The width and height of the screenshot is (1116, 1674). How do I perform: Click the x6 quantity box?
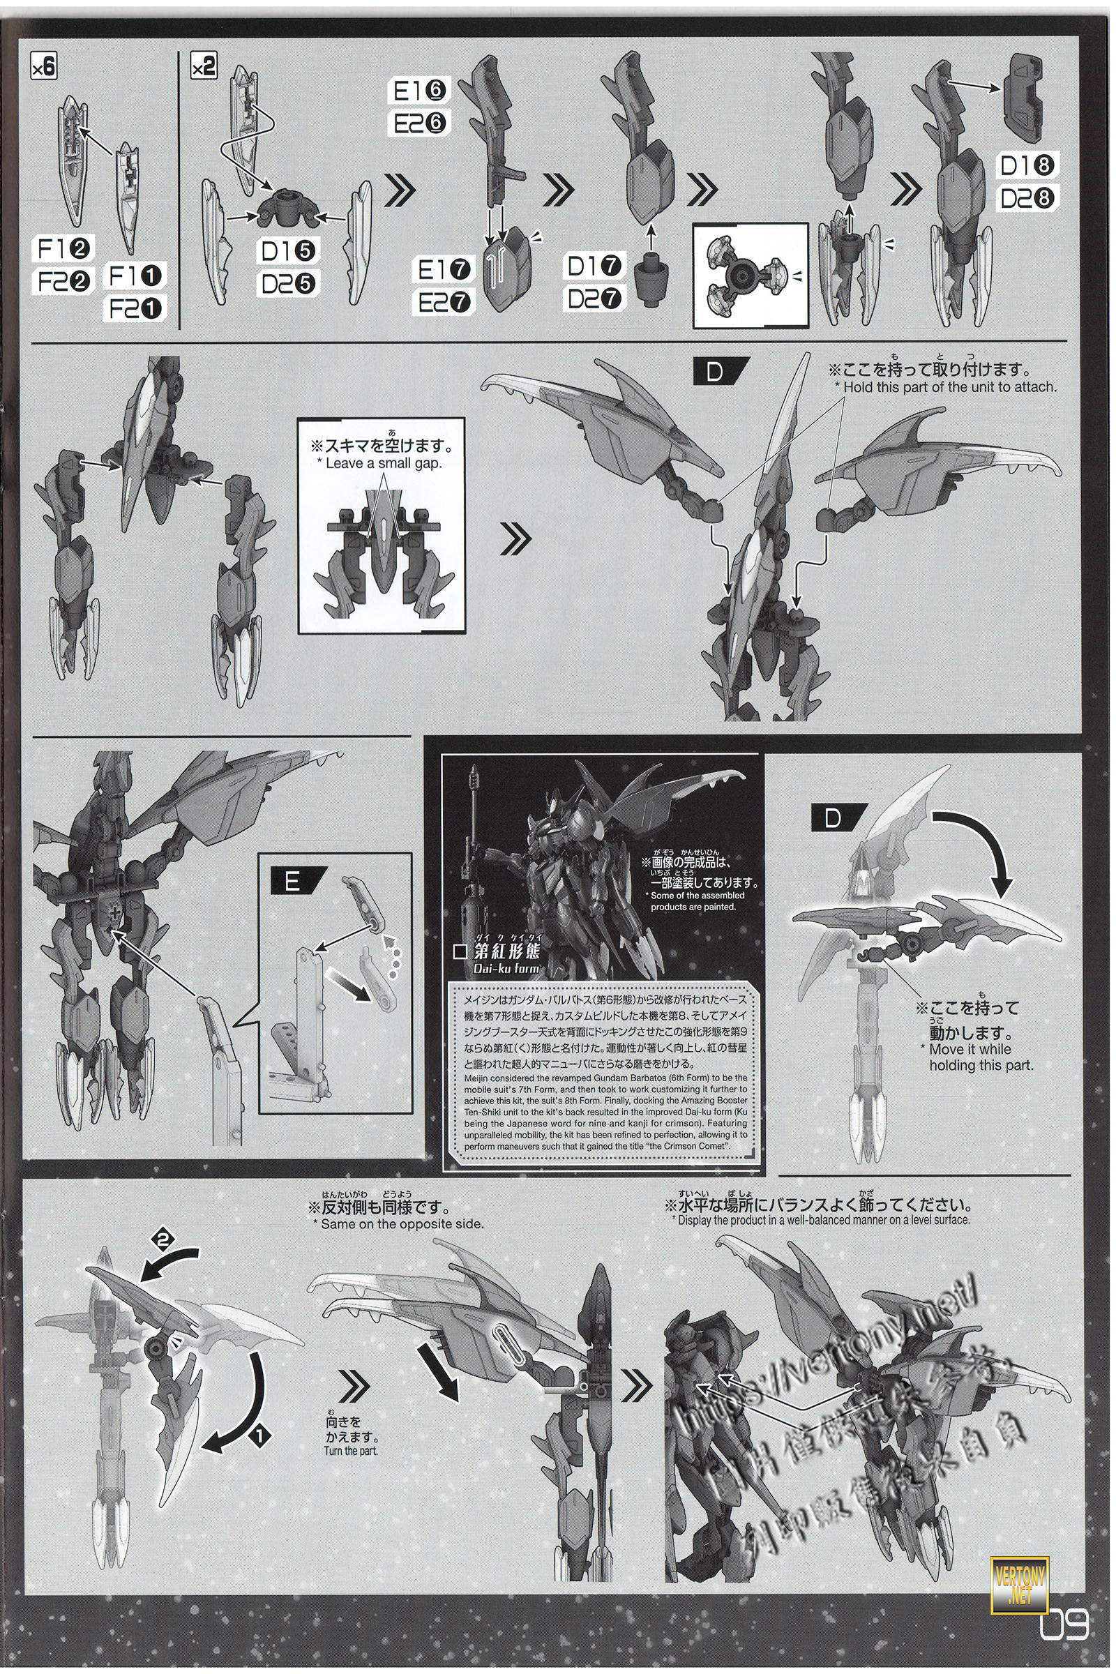[45, 69]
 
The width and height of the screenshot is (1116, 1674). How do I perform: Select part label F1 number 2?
[63, 250]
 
